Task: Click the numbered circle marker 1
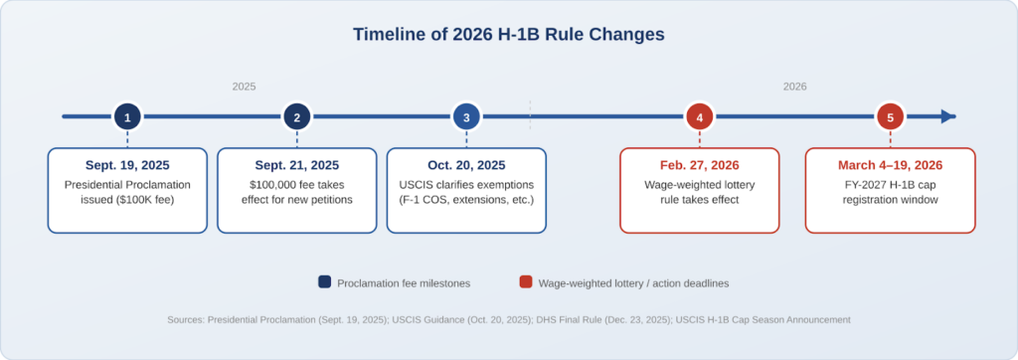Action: pyautogui.click(x=127, y=117)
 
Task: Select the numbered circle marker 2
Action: pyautogui.click(x=296, y=117)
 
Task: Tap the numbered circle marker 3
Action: pyautogui.click(x=466, y=117)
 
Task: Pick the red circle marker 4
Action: pyautogui.click(x=700, y=117)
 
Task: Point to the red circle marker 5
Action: pyautogui.click(x=890, y=117)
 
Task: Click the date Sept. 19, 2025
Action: pyautogui.click(x=127, y=165)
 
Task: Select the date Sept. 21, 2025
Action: pyautogui.click(x=296, y=165)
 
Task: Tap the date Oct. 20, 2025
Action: pyautogui.click(x=466, y=165)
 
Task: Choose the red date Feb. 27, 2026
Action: pyautogui.click(x=700, y=165)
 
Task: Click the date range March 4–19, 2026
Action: pyautogui.click(x=890, y=165)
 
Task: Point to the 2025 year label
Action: pyautogui.click(x=244, y=87)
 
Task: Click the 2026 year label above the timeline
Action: pyautogui.click(x=794, y=87)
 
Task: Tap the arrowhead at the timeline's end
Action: pyautogui.click(x=948, y=117)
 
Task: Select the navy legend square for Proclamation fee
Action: pyautogui.click(x=325, y=282)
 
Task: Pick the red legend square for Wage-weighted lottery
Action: pyautogui.click(x=525, y=282)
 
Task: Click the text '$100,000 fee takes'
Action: pyautogui.click(x=296, y=185)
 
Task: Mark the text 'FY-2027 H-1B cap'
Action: pyautogui.click(x=890, y=185)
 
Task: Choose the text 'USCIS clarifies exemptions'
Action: pyautogui.click(x=466, y=185)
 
